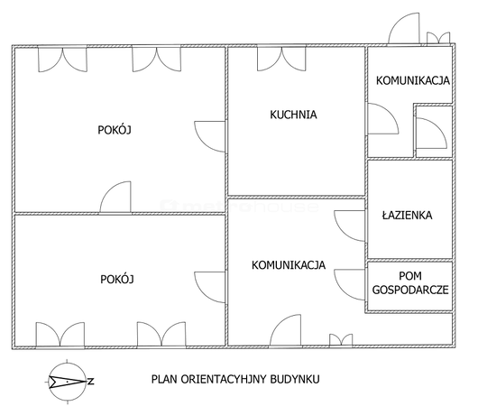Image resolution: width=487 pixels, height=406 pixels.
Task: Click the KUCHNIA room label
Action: pos(293,115)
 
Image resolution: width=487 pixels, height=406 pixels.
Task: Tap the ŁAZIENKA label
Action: pos(407,215)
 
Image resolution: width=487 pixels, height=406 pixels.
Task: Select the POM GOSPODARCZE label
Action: pos(410,282)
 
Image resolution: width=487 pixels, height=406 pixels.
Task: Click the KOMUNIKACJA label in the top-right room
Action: pos(413,80)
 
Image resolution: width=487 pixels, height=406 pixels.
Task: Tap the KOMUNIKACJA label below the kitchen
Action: pos(289,265)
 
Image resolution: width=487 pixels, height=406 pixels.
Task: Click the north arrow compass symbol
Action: pos(68,381)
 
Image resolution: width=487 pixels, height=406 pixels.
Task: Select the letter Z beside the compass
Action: pos(91,381)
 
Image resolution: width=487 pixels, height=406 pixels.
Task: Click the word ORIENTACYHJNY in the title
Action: pos(224,379)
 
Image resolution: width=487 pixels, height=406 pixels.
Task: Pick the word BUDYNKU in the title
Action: pos(295,379)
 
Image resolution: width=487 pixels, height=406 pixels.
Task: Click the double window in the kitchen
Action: pos(281,59)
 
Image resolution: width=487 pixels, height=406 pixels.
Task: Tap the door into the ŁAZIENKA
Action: pos(349,226)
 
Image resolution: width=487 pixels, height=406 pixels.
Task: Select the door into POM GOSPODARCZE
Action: pos(349,284)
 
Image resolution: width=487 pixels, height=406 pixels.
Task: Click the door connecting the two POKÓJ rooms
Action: pos(115,198)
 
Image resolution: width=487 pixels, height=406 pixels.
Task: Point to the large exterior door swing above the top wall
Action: pos(404,28)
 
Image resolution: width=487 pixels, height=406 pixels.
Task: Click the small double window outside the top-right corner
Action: pos(438,38)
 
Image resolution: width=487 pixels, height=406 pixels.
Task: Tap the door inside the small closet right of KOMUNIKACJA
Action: pos(431,134)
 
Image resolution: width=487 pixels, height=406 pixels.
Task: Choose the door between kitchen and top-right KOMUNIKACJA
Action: pos(383,119)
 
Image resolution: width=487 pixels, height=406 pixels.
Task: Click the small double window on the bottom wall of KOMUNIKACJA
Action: pos(341,340)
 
